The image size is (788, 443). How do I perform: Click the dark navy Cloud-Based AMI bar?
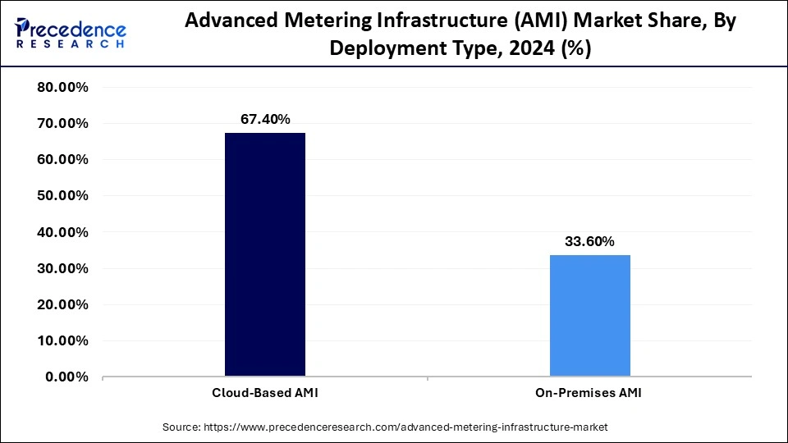[264, 254]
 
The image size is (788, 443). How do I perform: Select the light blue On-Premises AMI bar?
[589, 316]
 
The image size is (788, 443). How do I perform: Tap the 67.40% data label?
[264, 119]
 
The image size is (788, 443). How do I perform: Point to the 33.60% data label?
[589, 241]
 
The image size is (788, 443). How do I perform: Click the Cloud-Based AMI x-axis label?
[264, 393]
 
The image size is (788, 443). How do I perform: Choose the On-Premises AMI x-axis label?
[589, 393]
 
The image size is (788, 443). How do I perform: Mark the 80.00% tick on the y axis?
[62, 88]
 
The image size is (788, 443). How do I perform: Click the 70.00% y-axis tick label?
[62, 124]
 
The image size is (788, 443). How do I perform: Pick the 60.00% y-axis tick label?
[62, 160]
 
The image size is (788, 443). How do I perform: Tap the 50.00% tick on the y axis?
[62, 196]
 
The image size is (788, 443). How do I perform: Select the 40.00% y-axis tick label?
[62, 232]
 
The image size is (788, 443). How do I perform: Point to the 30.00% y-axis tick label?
[62, 268]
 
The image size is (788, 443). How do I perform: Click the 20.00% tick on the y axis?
[62, 304]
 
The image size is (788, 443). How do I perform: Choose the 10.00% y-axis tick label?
[62, 340]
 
